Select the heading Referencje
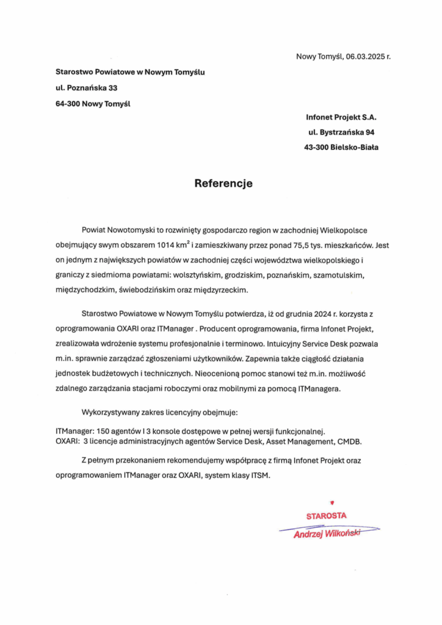[223, 182]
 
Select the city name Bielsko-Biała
[353, 146]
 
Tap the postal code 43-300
[316, 146]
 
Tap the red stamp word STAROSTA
[326, 516]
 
